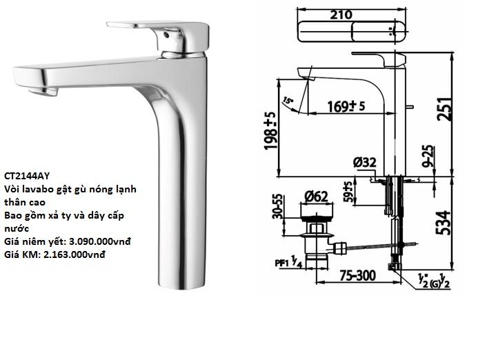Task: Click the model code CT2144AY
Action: click(27, 175)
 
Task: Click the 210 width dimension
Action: click(340, 14)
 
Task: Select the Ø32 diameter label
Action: click(364, 163)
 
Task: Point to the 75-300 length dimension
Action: click(357, 276)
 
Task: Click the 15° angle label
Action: click(288, 101)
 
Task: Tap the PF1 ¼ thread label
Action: click(286, 262)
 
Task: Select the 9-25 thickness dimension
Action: click(428, 157)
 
